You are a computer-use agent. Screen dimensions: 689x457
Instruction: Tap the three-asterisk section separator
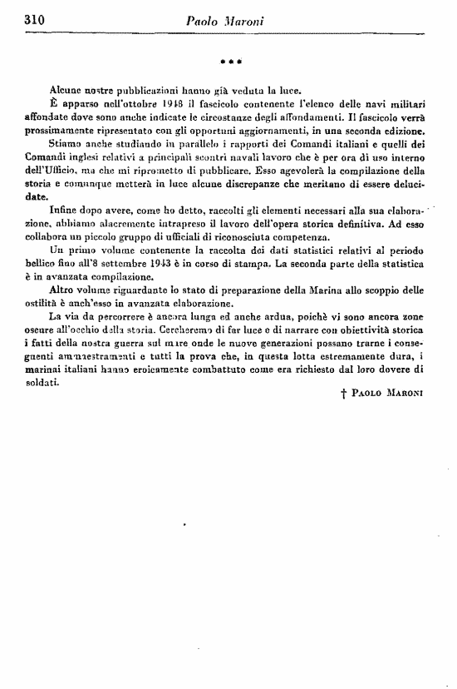click(226, 62)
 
